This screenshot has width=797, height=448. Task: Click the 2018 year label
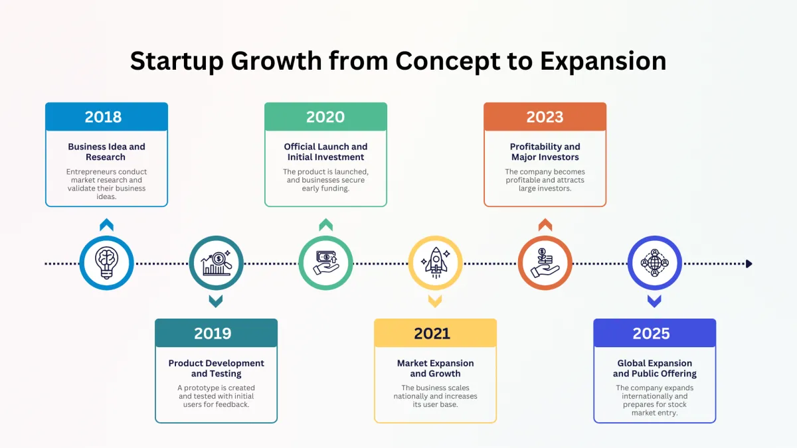(x=103, y=117)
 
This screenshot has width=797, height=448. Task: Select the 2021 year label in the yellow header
(x=432, y=333)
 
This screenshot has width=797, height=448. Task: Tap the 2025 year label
(x=651, y=333)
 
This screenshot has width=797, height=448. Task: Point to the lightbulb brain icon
(x=106, y=263)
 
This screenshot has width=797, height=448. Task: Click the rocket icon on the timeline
(x=436, y=263)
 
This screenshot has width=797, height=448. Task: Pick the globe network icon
(x=655, y=263)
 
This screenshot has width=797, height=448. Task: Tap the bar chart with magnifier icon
(x=217, y=263)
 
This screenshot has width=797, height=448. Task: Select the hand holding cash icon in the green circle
(x=326, y=263)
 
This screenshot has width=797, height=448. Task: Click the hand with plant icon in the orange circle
(x=545, y=263)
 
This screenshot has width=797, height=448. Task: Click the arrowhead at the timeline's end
(x=749, y=264)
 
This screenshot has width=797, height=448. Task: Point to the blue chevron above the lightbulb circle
(x=106, y=225)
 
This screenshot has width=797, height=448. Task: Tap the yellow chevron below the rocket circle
(x=435, y=301)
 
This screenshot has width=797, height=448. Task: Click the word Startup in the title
(x=177, y=61)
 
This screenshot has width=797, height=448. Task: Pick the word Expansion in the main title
(x=603, y=61)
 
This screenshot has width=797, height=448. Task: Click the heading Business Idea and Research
(x=106, y=152)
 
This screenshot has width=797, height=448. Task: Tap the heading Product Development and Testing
(x=217, y=368)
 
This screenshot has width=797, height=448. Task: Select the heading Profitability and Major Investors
(x=545, y=152)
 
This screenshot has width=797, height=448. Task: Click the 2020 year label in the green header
(x=325, y=117)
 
